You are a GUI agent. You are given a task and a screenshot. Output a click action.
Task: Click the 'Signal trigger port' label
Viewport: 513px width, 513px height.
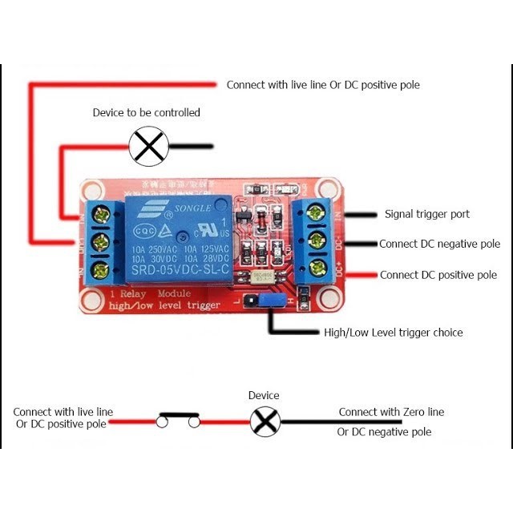coord(426,214)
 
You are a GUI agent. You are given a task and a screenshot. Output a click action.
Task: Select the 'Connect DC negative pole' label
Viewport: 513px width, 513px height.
coord(439,244)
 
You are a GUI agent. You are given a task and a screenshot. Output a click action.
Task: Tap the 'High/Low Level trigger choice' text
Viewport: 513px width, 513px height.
coord(393,332)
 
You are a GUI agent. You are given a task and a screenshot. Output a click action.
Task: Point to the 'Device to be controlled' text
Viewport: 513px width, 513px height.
coord(146,112)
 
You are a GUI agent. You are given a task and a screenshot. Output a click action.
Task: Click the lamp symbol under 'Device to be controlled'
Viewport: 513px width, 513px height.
coord(149,147)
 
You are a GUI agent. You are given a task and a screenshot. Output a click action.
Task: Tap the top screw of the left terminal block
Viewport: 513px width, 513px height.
coord(102,213)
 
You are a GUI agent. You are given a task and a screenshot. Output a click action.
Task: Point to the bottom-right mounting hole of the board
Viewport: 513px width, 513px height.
coord(326,298)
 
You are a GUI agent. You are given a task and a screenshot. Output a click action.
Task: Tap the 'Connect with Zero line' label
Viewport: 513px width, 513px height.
coord(390,412)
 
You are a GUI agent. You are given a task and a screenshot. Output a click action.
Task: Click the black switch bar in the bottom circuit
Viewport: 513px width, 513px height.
coord(178,414)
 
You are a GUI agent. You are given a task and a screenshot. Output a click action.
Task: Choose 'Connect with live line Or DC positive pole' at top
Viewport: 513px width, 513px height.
coord(322,84)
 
